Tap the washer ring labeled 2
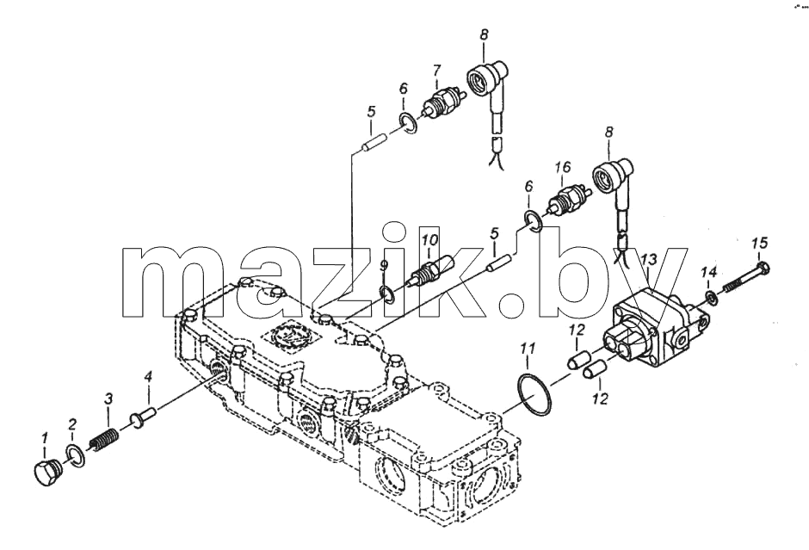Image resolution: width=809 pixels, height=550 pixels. click(x=76, y=455)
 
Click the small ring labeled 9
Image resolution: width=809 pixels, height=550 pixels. click(x=386, y=294)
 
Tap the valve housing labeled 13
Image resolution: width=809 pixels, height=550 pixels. click(x=657, y=331)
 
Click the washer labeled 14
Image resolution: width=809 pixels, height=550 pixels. click(x=710, y=298)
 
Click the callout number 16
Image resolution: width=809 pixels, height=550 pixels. click(x=563, y=167)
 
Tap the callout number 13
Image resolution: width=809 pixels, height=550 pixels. click(x=649, y=257)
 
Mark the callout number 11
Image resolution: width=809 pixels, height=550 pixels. click(x=528, y=349)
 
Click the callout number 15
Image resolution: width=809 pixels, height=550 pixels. click(x=759, y=243)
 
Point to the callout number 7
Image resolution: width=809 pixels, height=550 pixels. click(x=436, y=69)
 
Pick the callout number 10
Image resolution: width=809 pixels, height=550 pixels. click(x=429, y=240)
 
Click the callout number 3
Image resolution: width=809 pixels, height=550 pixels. click(x=108, y=399)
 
